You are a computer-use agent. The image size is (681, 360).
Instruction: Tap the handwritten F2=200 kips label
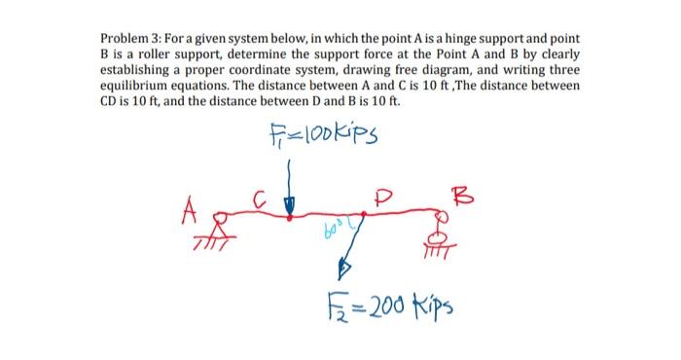coord(378,306)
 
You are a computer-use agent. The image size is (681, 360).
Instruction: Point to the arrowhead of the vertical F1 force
coord(288,205)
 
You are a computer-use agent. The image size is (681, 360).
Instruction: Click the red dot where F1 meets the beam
coord(288,217)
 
